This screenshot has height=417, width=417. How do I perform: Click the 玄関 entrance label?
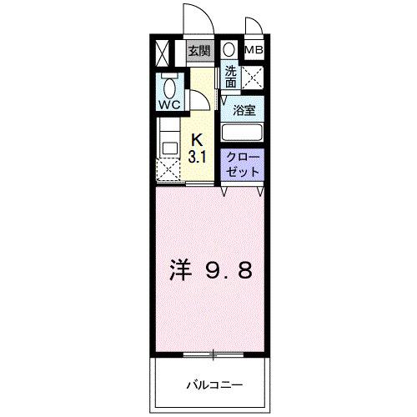coord(199,51)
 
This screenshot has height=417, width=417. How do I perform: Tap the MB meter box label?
coord(254,50)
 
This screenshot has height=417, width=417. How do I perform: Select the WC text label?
coord(169,105)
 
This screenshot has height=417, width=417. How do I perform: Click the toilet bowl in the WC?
coord(169,88)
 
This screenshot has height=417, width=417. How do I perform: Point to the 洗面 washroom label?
coord(230,77)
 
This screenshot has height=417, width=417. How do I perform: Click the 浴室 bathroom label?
coord(244,111)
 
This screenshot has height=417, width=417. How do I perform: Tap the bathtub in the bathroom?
coord(242,133)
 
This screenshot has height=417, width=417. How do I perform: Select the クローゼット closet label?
coord(243,165)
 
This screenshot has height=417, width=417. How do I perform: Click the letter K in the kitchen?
coord(198,140)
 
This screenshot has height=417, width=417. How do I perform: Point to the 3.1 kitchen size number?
coord(198,158)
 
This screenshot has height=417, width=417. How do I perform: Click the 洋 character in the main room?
coord(181,269)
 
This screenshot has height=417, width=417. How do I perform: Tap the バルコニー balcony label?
coord(214,385)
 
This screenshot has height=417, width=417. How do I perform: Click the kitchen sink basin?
coord(169,148)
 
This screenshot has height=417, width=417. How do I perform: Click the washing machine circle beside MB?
coord(229,50)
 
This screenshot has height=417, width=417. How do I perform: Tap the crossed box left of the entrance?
coord(162,53)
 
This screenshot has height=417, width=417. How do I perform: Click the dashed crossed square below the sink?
coord(168,170)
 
